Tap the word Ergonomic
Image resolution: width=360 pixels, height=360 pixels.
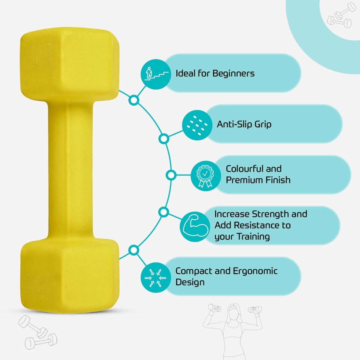click(255, 271)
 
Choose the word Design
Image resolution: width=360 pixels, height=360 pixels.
click(190, 282)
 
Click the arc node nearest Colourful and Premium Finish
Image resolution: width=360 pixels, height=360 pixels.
click(171, 175)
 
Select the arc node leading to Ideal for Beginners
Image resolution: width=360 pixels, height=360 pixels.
click(134, 100)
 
